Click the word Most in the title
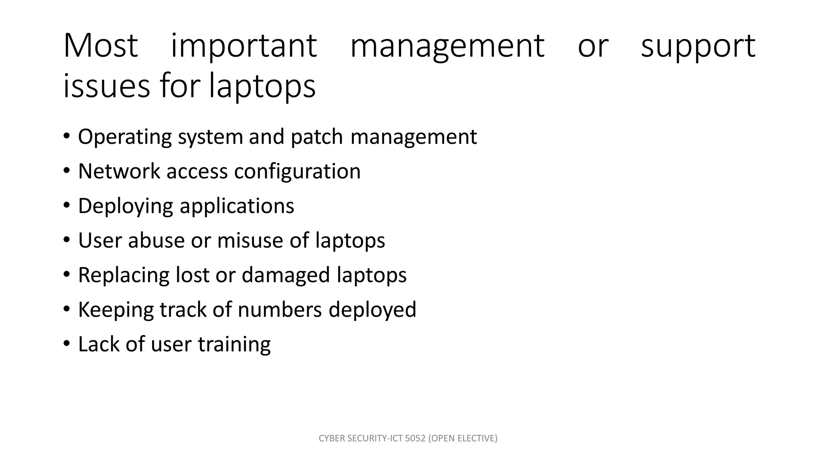tap(101, 46)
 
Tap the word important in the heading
tap(244, 46)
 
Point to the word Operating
tap(125, 137)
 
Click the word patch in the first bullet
tap(317, 137)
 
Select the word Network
tap(119, 171)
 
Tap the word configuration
tap(297, 171)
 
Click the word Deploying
tap(125, 206)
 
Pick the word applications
tap(237, 206)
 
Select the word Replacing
tap(124, 276)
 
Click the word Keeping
tap(116, 310)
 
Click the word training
tap(234, 344)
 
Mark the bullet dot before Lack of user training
tap(66, 343)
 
